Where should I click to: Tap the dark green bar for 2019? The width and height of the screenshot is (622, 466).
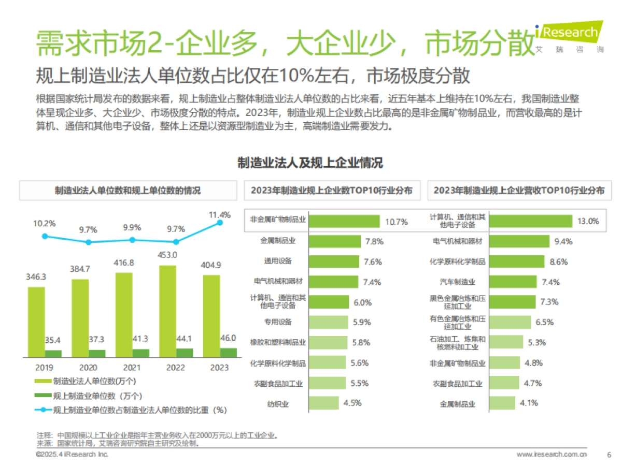click(53, 354)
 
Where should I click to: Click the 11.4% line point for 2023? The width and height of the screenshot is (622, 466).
click(220, 222)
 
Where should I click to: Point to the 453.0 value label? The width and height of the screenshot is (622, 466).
click(167, 254)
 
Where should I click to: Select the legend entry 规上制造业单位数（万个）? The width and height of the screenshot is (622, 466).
click(91, 396)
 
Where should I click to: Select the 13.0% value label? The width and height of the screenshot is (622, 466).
click(588, 221)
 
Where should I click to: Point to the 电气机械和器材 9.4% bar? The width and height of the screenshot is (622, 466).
click(519, 241)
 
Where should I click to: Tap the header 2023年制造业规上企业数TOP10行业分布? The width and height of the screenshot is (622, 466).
click(332, 191)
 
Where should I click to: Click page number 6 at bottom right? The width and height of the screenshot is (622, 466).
click(609, 455)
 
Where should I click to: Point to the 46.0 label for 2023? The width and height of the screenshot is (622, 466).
click(229, 338)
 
